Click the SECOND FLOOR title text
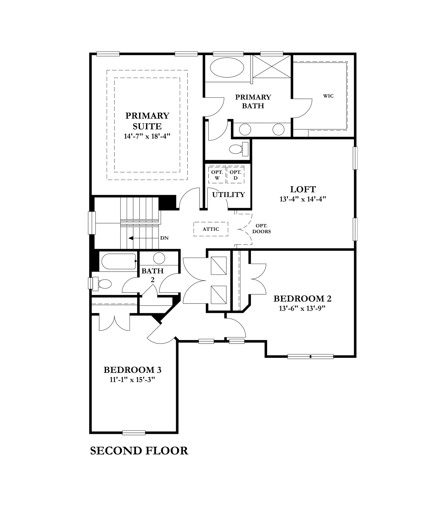[x=139, y=451]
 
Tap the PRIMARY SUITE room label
[x=147, y=121]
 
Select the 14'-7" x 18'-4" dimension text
[x=147, y=136]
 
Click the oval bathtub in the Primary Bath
[x=226, y=68]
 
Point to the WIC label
[x=328, y=96]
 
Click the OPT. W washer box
[x=217, y=175]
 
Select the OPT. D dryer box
[x=235, y=175]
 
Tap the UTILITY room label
[x=228, y=195]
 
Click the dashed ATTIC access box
[x=211, y=229]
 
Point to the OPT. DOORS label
[x=262, y=229]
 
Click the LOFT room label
[x=303, y=189]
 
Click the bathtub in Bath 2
[x=118, y=261]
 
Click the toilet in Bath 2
[x=103, y=284]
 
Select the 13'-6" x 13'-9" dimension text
[x=302, y=309]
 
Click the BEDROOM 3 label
[x=132, y=370]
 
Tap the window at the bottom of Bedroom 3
[x=134, y=433]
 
